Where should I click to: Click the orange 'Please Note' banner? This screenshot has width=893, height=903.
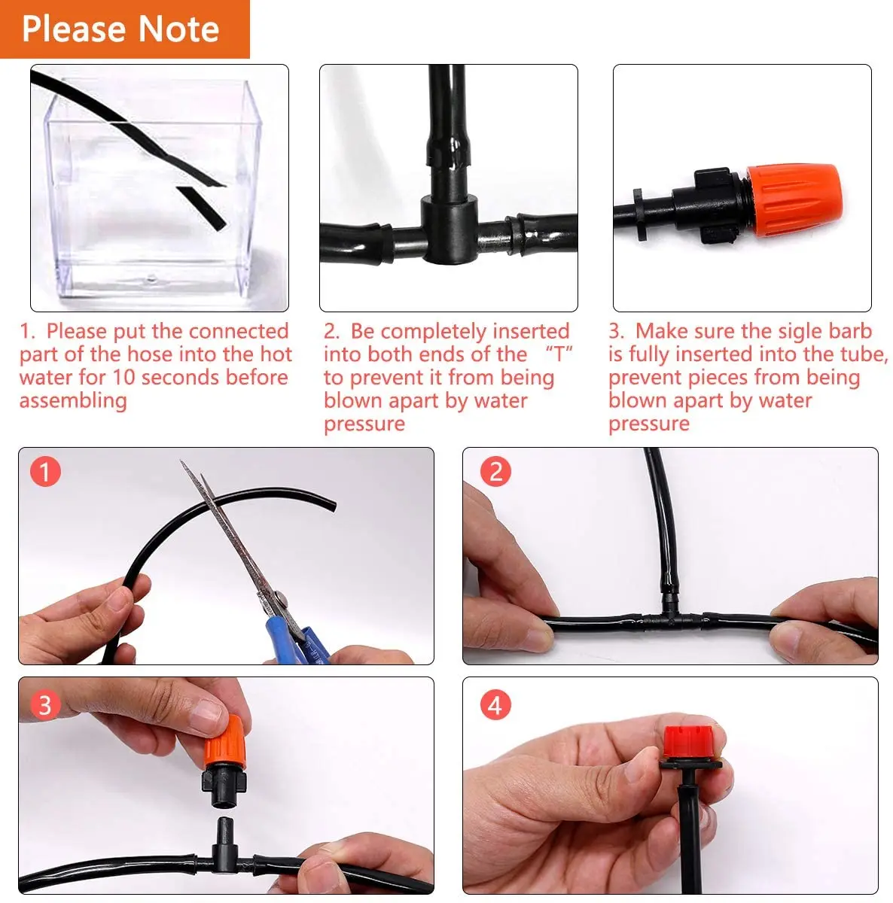click(125, 29)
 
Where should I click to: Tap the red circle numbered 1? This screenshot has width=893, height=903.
click(45, 471)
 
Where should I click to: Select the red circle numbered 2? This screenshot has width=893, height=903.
click(495, 471)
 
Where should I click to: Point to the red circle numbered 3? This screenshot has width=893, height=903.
click(45, 705)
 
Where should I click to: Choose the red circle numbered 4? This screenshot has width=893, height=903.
click(495, 705)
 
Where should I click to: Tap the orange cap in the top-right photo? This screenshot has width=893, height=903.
click(794, 201)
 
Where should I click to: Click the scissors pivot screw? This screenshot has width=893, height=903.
click(279, 598)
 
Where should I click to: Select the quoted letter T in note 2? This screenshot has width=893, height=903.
click(558, 354)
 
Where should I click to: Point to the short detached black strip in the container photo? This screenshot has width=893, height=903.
click(202, 208)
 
